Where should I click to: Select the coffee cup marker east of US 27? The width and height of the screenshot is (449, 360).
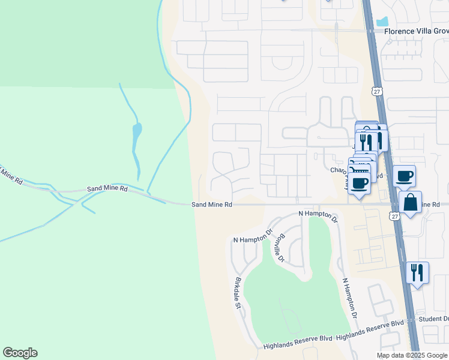(x=404, y=176)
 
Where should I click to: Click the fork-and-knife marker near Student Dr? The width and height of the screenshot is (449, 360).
(x=417, y=272)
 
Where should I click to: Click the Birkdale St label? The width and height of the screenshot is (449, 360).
(x=238, y=293)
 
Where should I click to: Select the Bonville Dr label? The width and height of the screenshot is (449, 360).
(x=278, y=247)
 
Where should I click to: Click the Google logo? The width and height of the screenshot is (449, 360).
(x=20, y=353)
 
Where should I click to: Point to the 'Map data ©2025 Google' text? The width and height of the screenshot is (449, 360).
(x=411, y=355)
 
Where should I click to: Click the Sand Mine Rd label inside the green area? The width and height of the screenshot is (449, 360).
(x=107, y=188)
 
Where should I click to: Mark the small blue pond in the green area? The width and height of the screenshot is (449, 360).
(x=137, y=129)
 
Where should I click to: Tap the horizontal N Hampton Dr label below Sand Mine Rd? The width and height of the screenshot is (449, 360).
(x=318, y=214)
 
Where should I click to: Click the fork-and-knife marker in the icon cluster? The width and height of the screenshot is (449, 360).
(x=366, y=142)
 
